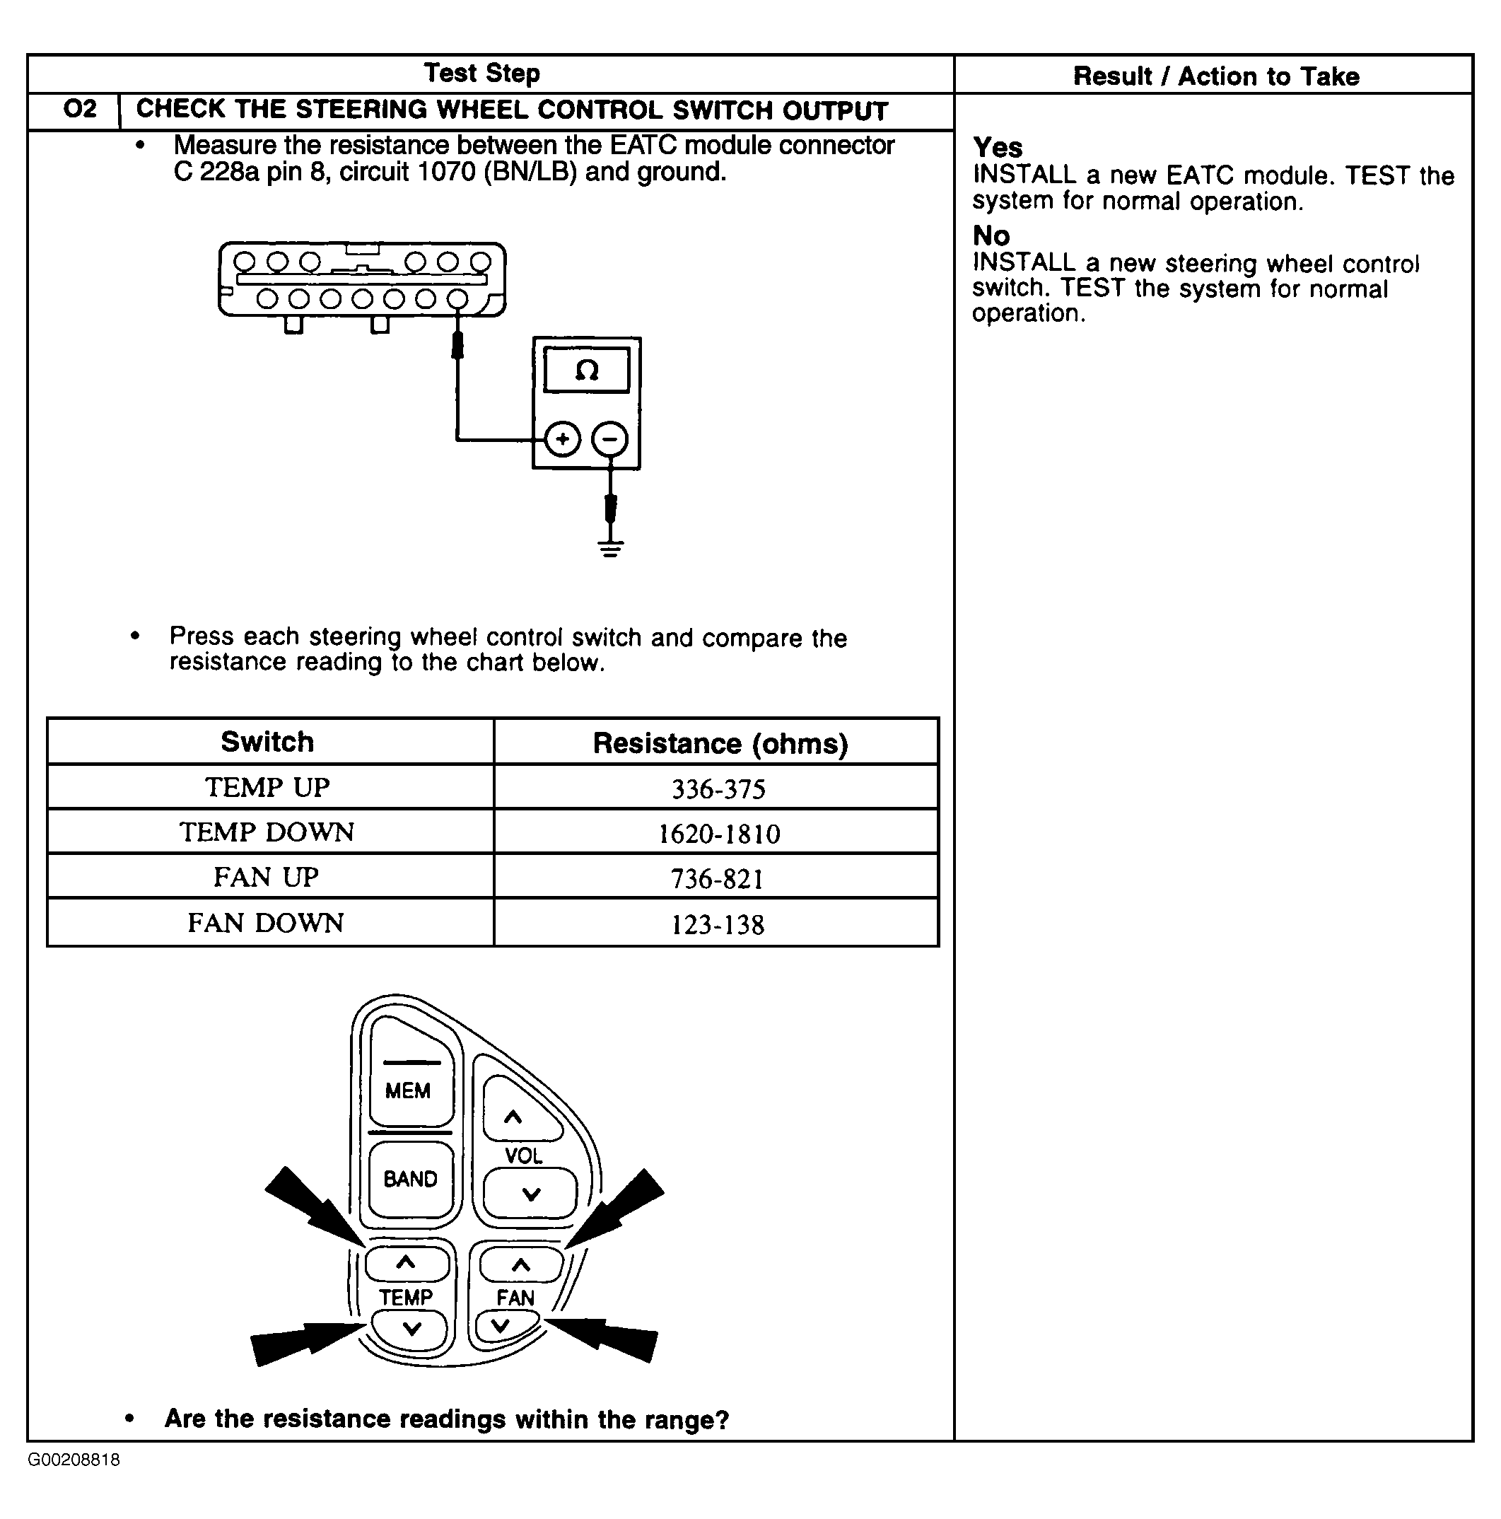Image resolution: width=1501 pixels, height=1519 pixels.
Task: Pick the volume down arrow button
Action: click(530, 1194)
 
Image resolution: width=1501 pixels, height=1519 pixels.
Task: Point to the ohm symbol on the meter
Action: click(587, 371)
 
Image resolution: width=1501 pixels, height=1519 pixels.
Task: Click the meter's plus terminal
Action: click(562, 438)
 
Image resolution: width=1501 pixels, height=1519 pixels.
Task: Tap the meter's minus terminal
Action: click(610, 438)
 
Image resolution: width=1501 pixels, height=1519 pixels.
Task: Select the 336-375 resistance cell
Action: click(718, 788)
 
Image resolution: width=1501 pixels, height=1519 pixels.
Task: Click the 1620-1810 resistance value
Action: click(718, 834)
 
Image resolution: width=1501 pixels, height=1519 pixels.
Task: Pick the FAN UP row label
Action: click(267, 878)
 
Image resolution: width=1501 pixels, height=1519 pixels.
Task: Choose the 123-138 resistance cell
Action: click(717, 924)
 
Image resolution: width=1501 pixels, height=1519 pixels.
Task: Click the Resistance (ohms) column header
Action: click(719, 743)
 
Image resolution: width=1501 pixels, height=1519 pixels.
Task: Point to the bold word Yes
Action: click(998, 147)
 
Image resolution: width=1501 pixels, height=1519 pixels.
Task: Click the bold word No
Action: click(991, 235)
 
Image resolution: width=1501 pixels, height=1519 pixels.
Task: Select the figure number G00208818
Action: click(74, 1460)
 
